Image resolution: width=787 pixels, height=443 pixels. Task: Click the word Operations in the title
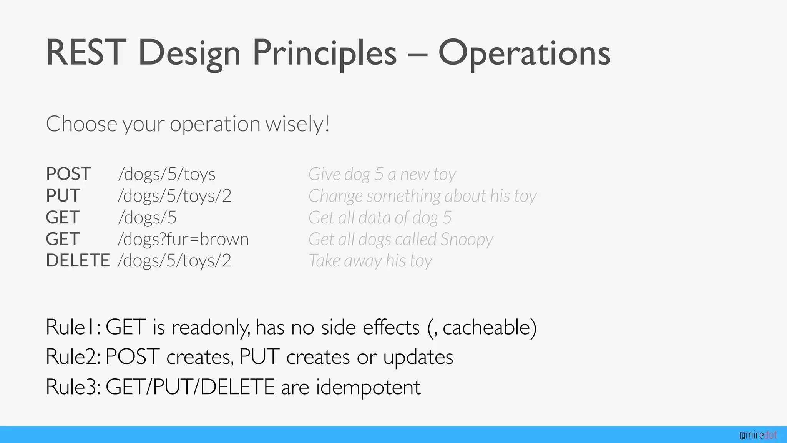pyautogui.click(x=524, y=53)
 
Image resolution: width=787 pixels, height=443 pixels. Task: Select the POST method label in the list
pyautogui.click(x=68, y=174)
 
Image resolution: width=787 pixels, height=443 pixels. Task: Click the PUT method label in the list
pyautogui.click(x=63, y=195)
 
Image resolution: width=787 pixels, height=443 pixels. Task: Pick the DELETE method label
pyautogui.click(x=78, y=260)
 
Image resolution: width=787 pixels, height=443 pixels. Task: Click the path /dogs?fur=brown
pyautogui.click(x=183, y=239)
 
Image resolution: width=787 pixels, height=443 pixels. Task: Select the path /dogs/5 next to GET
pyautogui.click(x=147, y=217)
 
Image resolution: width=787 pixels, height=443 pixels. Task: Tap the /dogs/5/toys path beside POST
pyautogui.click(x=167, y=174)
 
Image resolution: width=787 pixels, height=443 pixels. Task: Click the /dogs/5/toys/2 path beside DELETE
pyautogui.click(x=174, y=260)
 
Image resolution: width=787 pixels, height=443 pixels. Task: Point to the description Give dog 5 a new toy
pyautogui.click(x=382, y=174)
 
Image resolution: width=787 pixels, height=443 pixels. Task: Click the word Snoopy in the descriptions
pyautogui.click(x=467, y=239)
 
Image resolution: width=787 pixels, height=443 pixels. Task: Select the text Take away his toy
pyautogui.click(x=370, y=260)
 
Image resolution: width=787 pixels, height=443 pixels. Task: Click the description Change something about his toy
pyautogui.click(x=422, y=195)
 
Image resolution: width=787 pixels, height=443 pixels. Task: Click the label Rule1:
pyautogui.click(x=73, y=327)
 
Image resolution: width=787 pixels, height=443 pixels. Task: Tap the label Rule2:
pyautogui.click(x=73, y=356)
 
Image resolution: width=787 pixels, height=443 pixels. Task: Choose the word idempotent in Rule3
pyautogui.click(x=368, y=386)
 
